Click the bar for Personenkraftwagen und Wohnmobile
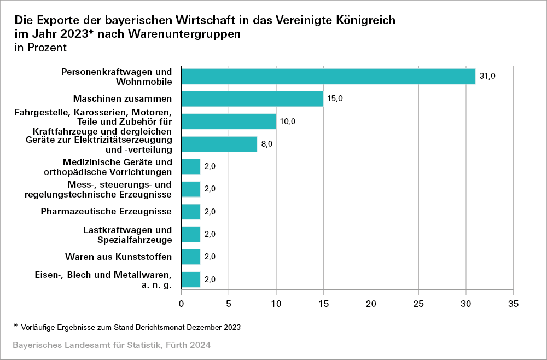[x=328, y=76]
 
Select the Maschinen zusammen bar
[x=252, y=99]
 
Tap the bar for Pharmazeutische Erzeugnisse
[x=191, y=212]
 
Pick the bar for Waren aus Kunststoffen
[x=191, y=257]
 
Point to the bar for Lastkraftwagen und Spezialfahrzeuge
[x=191, y=234]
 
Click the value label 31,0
[x=487, y=76]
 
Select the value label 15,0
[x=336, y=99]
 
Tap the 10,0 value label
[x=288, y=121]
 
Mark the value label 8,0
[x=266, y=144]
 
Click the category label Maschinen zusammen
[x=123, y=99]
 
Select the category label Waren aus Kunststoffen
[x=119, y=257]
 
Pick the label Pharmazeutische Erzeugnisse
[x=107, y=212]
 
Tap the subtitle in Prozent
[x=40, y=48]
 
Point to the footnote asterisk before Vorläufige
[x=16, y=326]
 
